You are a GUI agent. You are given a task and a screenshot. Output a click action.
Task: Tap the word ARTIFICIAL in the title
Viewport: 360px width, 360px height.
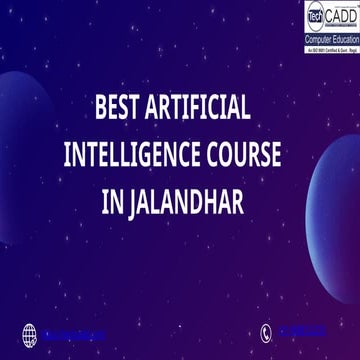coord(207,106)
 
